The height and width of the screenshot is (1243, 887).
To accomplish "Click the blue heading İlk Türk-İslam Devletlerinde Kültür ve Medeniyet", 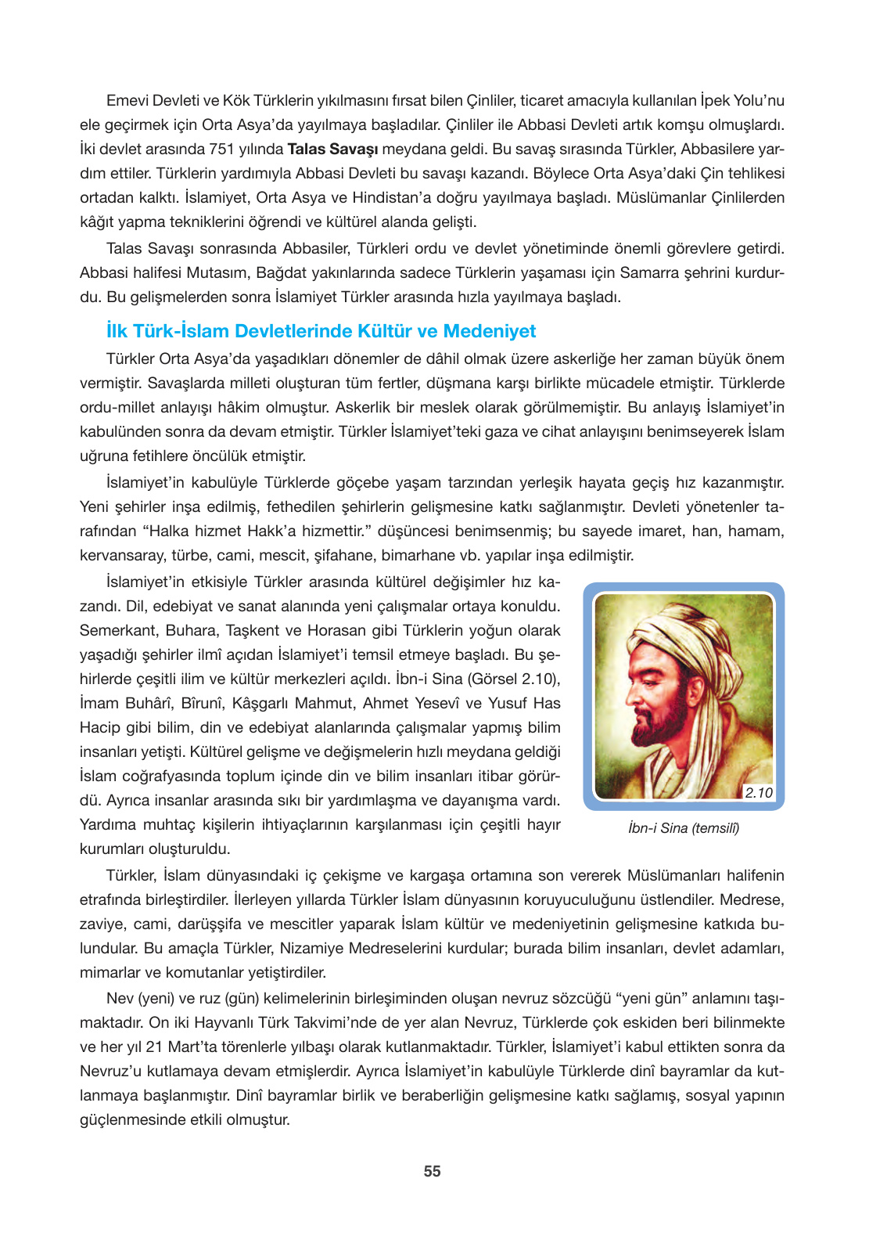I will pos(321,331).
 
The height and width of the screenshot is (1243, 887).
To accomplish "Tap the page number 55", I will pos(432,1171).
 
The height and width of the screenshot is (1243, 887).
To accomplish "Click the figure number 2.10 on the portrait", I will pos(757,792).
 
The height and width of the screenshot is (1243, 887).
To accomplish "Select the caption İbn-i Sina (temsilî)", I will pos(683,828).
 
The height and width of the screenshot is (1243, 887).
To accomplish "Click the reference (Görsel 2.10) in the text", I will pos(514,679).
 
